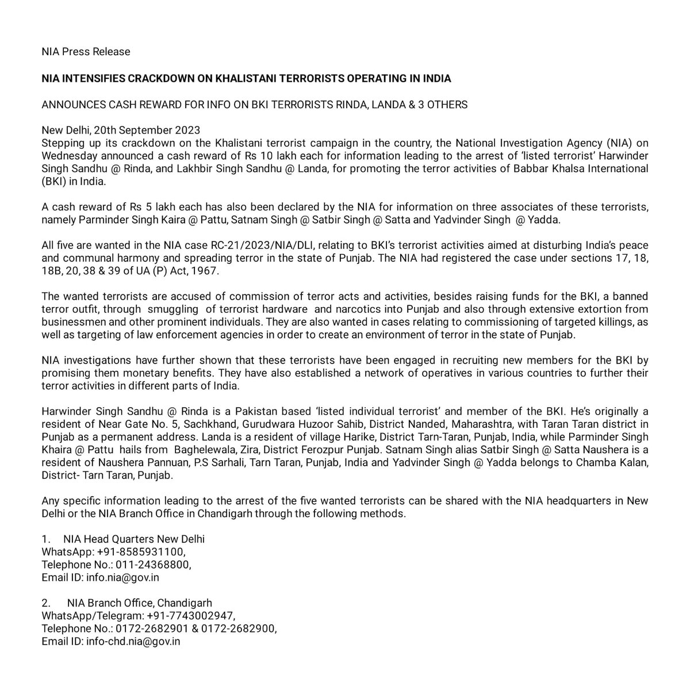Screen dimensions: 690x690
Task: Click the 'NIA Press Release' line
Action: pyautogui.click(x=86, y=52)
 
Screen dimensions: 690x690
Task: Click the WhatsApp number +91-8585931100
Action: pyautogui.click(x=141, y=552)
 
